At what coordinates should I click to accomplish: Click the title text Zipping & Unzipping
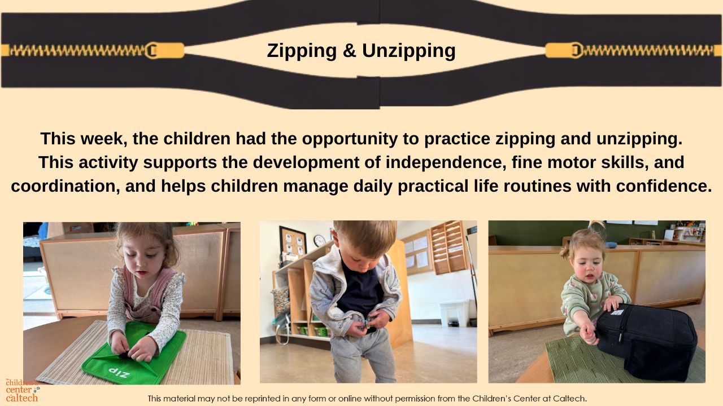pyautogui.click(x=361, y=51)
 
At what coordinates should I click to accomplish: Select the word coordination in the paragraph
pyautogui.click(x=63, y=186)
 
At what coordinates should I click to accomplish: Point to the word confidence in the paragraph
pyautogui.click(x=664, y=186)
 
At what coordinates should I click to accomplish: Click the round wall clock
pyautogui.click(x=319, y=241)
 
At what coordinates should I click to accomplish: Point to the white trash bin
pyautogui.click(x=455, y=313)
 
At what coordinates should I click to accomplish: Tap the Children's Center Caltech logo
pyautogui.click(x=23, y=390)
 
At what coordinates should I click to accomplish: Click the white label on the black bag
pyautogui.click(x=617, y=312)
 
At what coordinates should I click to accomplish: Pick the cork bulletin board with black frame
pyautogui.click(x=292, y=244)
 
